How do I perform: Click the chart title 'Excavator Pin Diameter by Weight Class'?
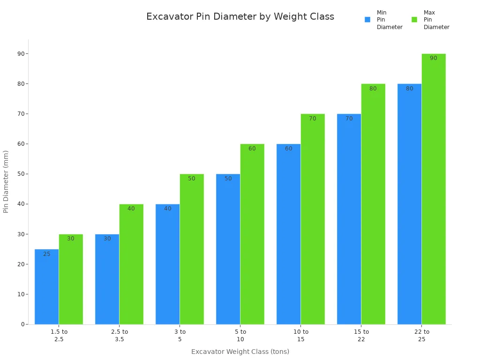[240, 17]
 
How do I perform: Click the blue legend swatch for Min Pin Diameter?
[367, 20]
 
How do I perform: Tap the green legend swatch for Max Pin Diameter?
[414, 20]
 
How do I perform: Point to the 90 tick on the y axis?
[21, 54]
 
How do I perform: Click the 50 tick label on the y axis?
[21, 174]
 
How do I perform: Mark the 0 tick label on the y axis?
[22, 324]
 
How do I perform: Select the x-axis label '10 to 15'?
[301, 336]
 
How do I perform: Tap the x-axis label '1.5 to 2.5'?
[59, 336]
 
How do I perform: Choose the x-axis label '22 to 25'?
[422, 336]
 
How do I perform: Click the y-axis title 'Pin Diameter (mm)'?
[6, 181]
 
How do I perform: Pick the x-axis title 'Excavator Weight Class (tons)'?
[240, 352]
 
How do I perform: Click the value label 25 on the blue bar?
[47, 254]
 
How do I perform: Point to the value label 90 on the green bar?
[434, 58]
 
